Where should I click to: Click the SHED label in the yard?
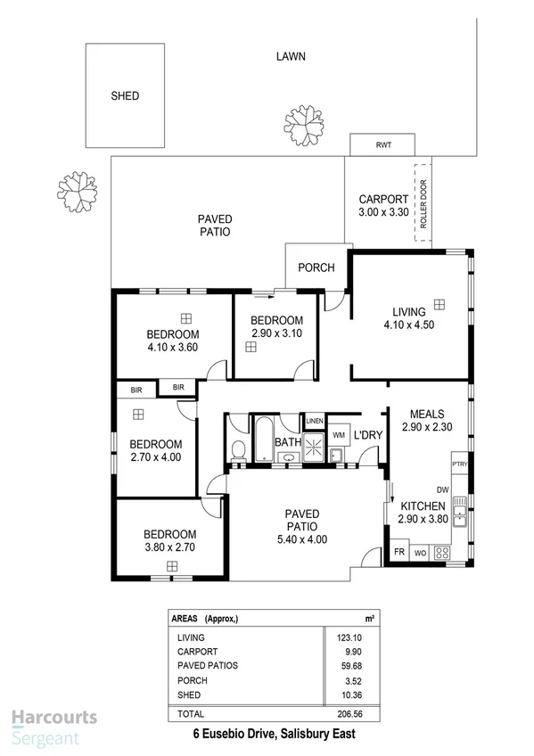pyautogui.click(x=125, y=95)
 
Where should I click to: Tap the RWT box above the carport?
pyautogui.click(x=382, y=144)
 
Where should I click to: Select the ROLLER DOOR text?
pyautogui.click(x=423, y=203)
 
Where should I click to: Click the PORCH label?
pyautogui.click(x=316, y=267)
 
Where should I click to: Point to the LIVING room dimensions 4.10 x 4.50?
pyautogui.click(x=409, y=325)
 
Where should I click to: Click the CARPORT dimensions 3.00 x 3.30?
pyautogui.click(x=382, y=213)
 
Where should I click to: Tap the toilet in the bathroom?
pyautogui.click(x=238, y=450)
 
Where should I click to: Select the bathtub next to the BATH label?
pyautogui.click(x=264, y=438)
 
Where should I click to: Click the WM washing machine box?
pyautogui.click(x=339, y=434)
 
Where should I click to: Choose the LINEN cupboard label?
pyautogui.click(x=314, y=421)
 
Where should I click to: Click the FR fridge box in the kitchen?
pyautogui.click(x=398, y=553)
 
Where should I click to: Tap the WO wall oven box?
pyautogui.click(x=420, y=553)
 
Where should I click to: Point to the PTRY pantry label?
pyautogui.click(x=460, y=464)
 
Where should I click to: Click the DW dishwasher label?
pyautogui.click(x=442, y=489)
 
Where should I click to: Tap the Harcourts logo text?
pyautogui.click(x=53, y=718)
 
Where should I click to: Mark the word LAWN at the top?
pyautogui.click(x=291, y=55)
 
